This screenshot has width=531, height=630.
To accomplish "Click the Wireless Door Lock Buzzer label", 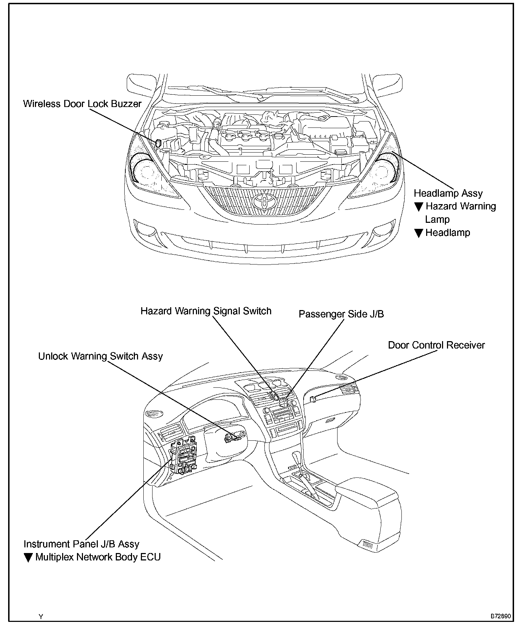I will pyautogui.click(x=82, y=104).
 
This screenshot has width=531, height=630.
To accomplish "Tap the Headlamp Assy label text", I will pyautogui.click(x=448, y=194).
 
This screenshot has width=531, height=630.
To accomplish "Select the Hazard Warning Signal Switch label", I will pyautogui.click(x=206, y=311).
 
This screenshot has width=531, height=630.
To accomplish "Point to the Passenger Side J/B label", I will pyautogui.click(x=341, y=314).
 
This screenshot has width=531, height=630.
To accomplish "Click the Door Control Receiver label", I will pyautogui.click(x=436, y=345).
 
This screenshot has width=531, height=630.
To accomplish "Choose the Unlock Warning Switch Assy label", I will pyautogui.click(x=100, y=356).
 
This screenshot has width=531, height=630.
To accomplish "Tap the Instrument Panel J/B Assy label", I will pyautogui.click(x=82, y=544).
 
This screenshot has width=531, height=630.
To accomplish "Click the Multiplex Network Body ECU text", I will pyautogui.click(x=98, y=557).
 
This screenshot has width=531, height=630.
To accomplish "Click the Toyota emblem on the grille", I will pyautogui.click(x=263, y=202).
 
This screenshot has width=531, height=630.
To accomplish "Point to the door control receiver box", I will pyautogui.click(x=312, y=399).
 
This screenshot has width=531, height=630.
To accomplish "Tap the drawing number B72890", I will pyautogui.click(x=500, y=616).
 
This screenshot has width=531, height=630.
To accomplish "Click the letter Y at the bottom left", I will pyautogui.click(x=41, y=617).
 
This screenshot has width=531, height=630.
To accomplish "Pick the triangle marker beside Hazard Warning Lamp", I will pyautogui.click(x=418, y=207).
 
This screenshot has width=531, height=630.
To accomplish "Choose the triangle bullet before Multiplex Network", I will pyautogui.click(x=28, y=558).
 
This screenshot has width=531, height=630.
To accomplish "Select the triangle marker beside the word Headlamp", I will pyautogui.click(x=418, y=233).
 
